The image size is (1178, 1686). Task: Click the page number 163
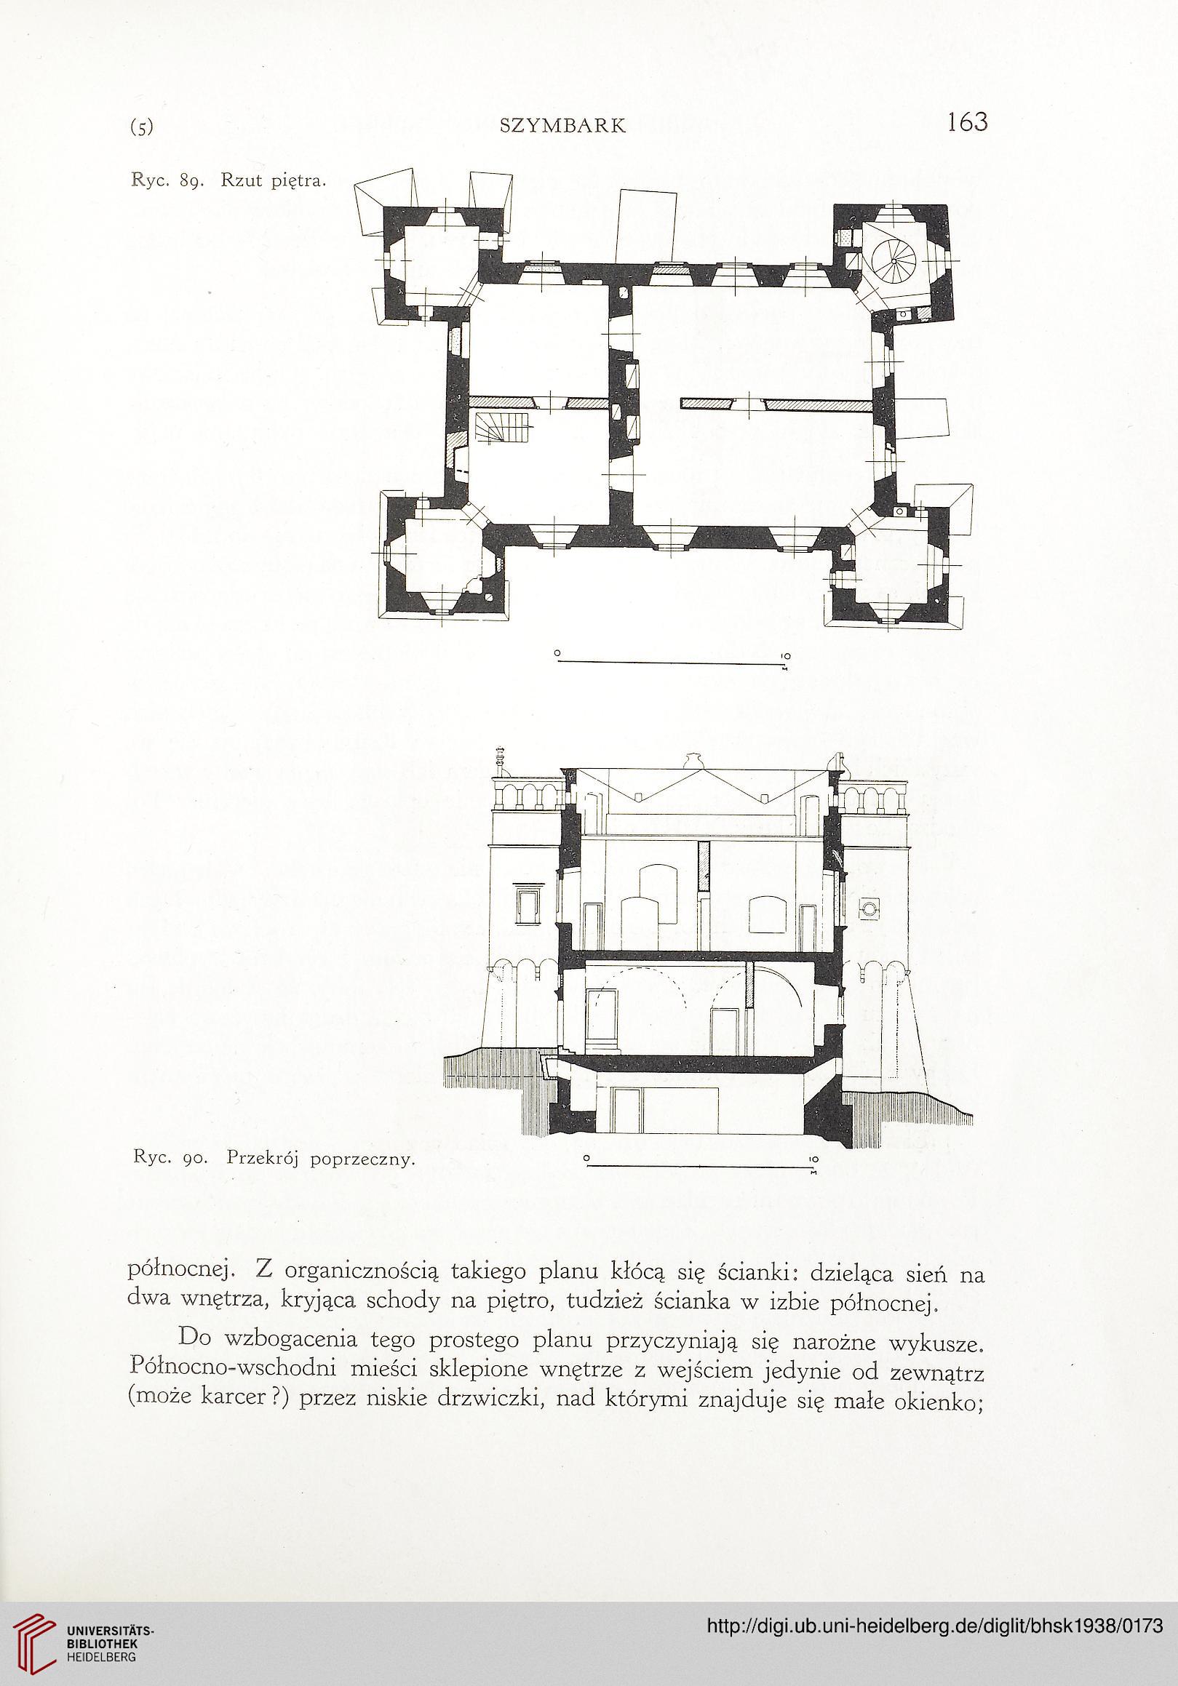[967, 121]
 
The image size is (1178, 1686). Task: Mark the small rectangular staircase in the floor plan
[501, 430]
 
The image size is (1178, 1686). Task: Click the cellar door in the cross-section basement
[629, 1110]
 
